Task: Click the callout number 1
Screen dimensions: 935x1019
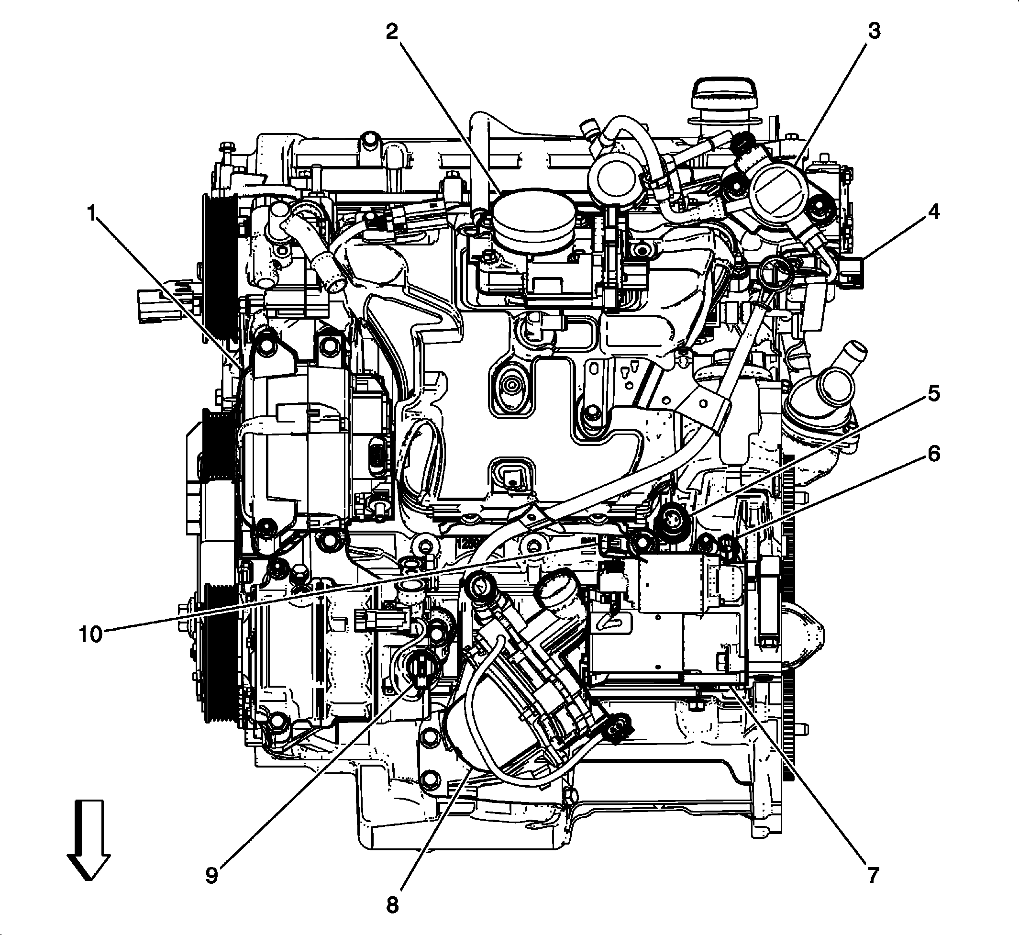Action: click(x=92, y=214)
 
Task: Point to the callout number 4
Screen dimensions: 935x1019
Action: click(x=933, y=212)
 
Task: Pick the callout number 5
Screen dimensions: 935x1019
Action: click(x=933, y=393)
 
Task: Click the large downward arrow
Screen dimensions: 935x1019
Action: click(x=89, y=840)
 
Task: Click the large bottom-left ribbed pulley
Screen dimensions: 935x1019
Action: click(x=219, y=653)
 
